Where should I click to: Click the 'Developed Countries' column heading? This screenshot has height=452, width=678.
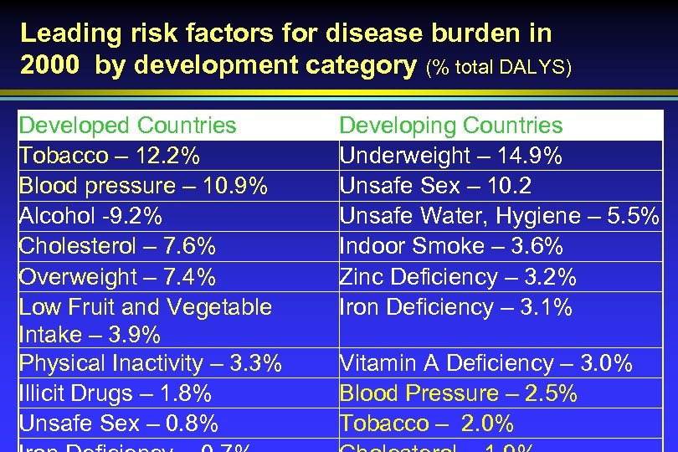pos(127,126)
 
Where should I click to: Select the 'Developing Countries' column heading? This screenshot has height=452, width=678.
pos(450,126)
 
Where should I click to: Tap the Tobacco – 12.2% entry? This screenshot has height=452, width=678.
pos(109,156)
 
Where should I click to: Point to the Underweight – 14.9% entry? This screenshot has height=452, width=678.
pos(450,156)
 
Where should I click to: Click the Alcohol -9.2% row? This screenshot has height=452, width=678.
pos(90,216)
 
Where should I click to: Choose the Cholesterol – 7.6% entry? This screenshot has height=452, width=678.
pos(117,246)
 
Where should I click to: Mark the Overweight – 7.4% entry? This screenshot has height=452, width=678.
pos(116,276)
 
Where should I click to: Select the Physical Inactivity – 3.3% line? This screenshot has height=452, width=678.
pos(150,363)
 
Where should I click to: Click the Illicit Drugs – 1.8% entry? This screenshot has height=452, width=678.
pos(115,393)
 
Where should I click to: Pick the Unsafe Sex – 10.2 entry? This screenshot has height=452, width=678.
pos(434,186)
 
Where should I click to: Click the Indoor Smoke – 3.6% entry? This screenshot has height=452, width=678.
pos(450,246)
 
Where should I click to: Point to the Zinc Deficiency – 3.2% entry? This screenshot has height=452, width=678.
pos(457,276)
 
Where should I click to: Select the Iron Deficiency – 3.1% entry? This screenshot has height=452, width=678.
pos(455,307)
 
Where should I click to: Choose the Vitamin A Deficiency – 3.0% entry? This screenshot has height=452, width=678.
pos(485,363)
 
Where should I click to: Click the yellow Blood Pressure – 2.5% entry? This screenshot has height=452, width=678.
pos(458,393)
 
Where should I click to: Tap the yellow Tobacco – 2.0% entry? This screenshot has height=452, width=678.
pos(426,424)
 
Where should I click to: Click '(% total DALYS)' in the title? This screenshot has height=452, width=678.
pos(499,67)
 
